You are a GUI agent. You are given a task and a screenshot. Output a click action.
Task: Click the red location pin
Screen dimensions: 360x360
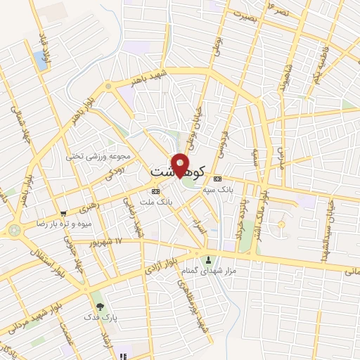click(181, 165)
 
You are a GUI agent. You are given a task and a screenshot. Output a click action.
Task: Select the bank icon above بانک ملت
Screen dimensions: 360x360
click(155, 191)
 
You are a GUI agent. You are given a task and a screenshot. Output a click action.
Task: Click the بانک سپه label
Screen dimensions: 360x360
click(217, 190)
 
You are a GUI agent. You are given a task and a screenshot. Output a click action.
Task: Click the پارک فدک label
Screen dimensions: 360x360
click(100, 318)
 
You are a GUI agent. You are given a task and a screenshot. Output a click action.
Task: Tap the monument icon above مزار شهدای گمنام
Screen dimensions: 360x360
click(207, 259)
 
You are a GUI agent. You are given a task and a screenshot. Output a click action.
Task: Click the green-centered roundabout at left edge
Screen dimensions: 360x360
click(14, 230)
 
